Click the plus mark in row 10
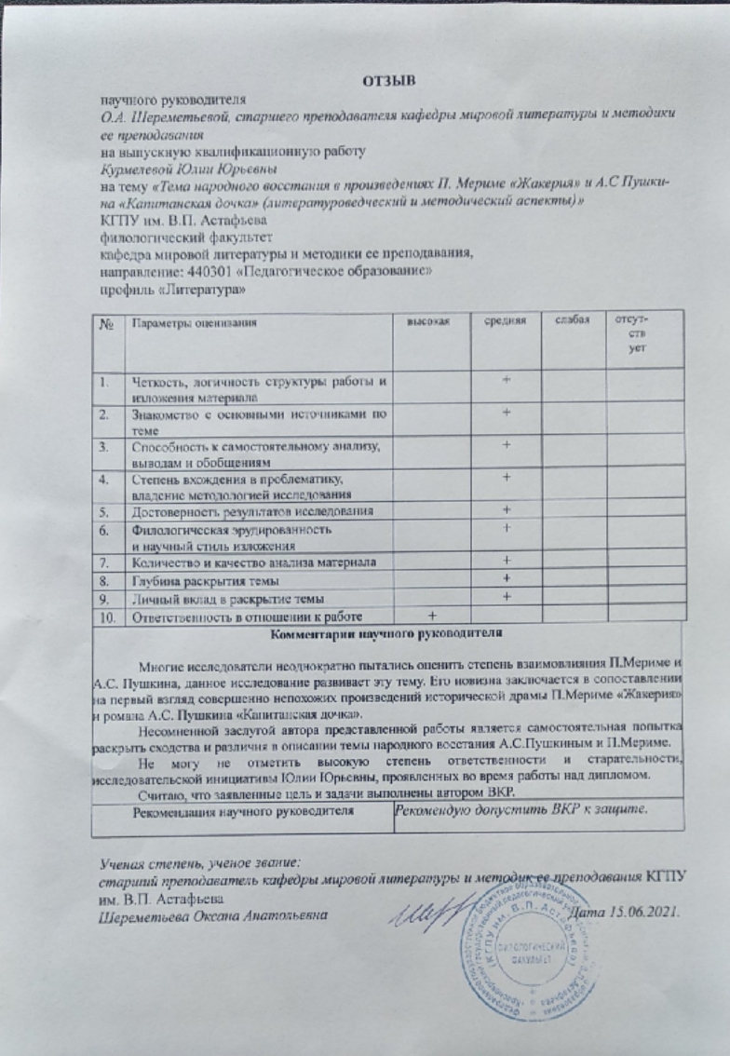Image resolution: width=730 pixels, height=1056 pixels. (431, 616)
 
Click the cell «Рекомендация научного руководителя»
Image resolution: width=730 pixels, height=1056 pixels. (245, 812)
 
